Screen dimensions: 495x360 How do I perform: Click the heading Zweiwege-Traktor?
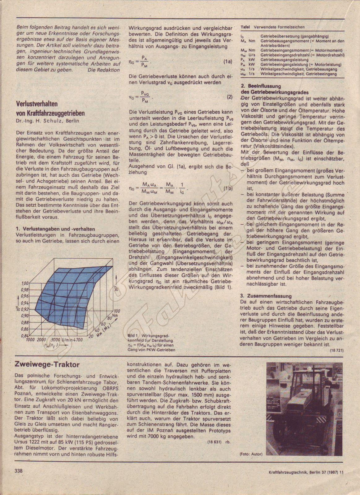pos(47,364)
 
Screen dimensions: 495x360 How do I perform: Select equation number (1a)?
pos(228,62)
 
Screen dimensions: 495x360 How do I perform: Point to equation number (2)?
pos(229,97)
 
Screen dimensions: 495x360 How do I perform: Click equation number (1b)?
pos(228,188)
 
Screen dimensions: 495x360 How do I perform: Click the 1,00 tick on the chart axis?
pos(25,283)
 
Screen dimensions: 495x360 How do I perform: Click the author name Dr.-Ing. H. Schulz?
pos(39,121)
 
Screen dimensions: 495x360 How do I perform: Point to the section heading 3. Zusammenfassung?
pos(266,296)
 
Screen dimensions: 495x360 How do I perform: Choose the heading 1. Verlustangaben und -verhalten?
pos(55,229)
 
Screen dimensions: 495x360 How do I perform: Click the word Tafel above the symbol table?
pos(245,27)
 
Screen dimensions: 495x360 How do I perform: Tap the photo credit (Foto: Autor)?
pos(251,454)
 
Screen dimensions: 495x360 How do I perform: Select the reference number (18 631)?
pos(214,442)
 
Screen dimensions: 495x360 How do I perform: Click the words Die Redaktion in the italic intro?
pos(103,70)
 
